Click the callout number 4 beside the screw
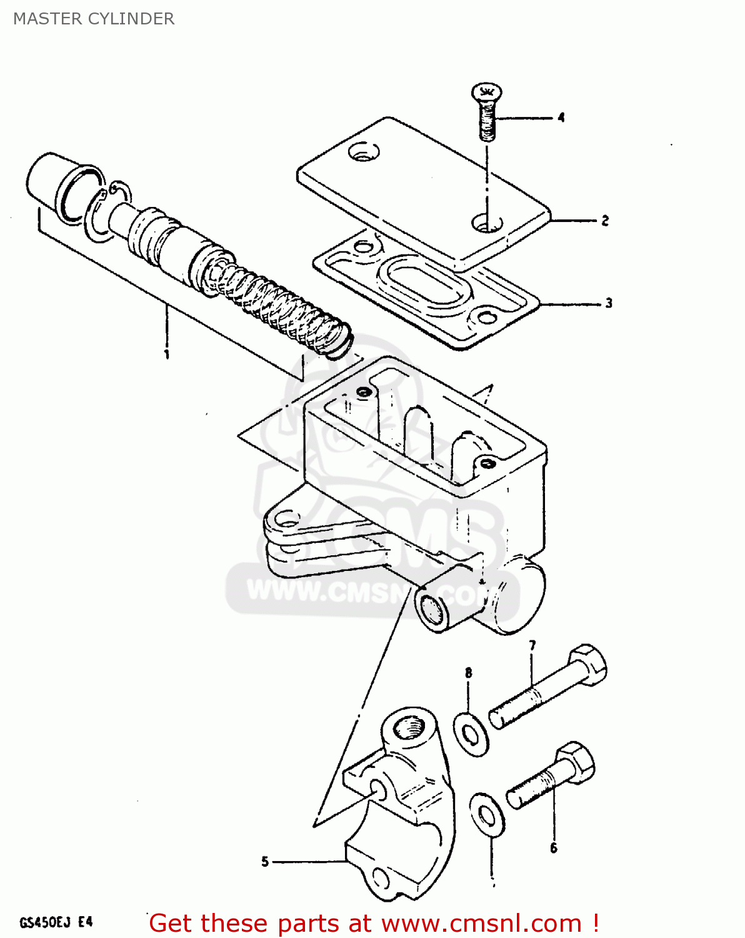point(561,117)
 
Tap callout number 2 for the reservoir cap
point(604,220)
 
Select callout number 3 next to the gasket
point(608,303)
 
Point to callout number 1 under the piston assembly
point(167,355)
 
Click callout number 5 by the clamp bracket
point(265,862)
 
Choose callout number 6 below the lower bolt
point(553,848)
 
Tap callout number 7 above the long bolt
point(532,645)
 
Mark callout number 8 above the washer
point(468,673)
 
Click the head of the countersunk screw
point(487,93)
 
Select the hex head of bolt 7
point(588,665)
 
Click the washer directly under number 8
point(471,733)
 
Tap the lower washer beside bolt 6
point(487,814)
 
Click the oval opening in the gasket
point(425,281)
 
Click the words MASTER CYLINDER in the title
point(94,19)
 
